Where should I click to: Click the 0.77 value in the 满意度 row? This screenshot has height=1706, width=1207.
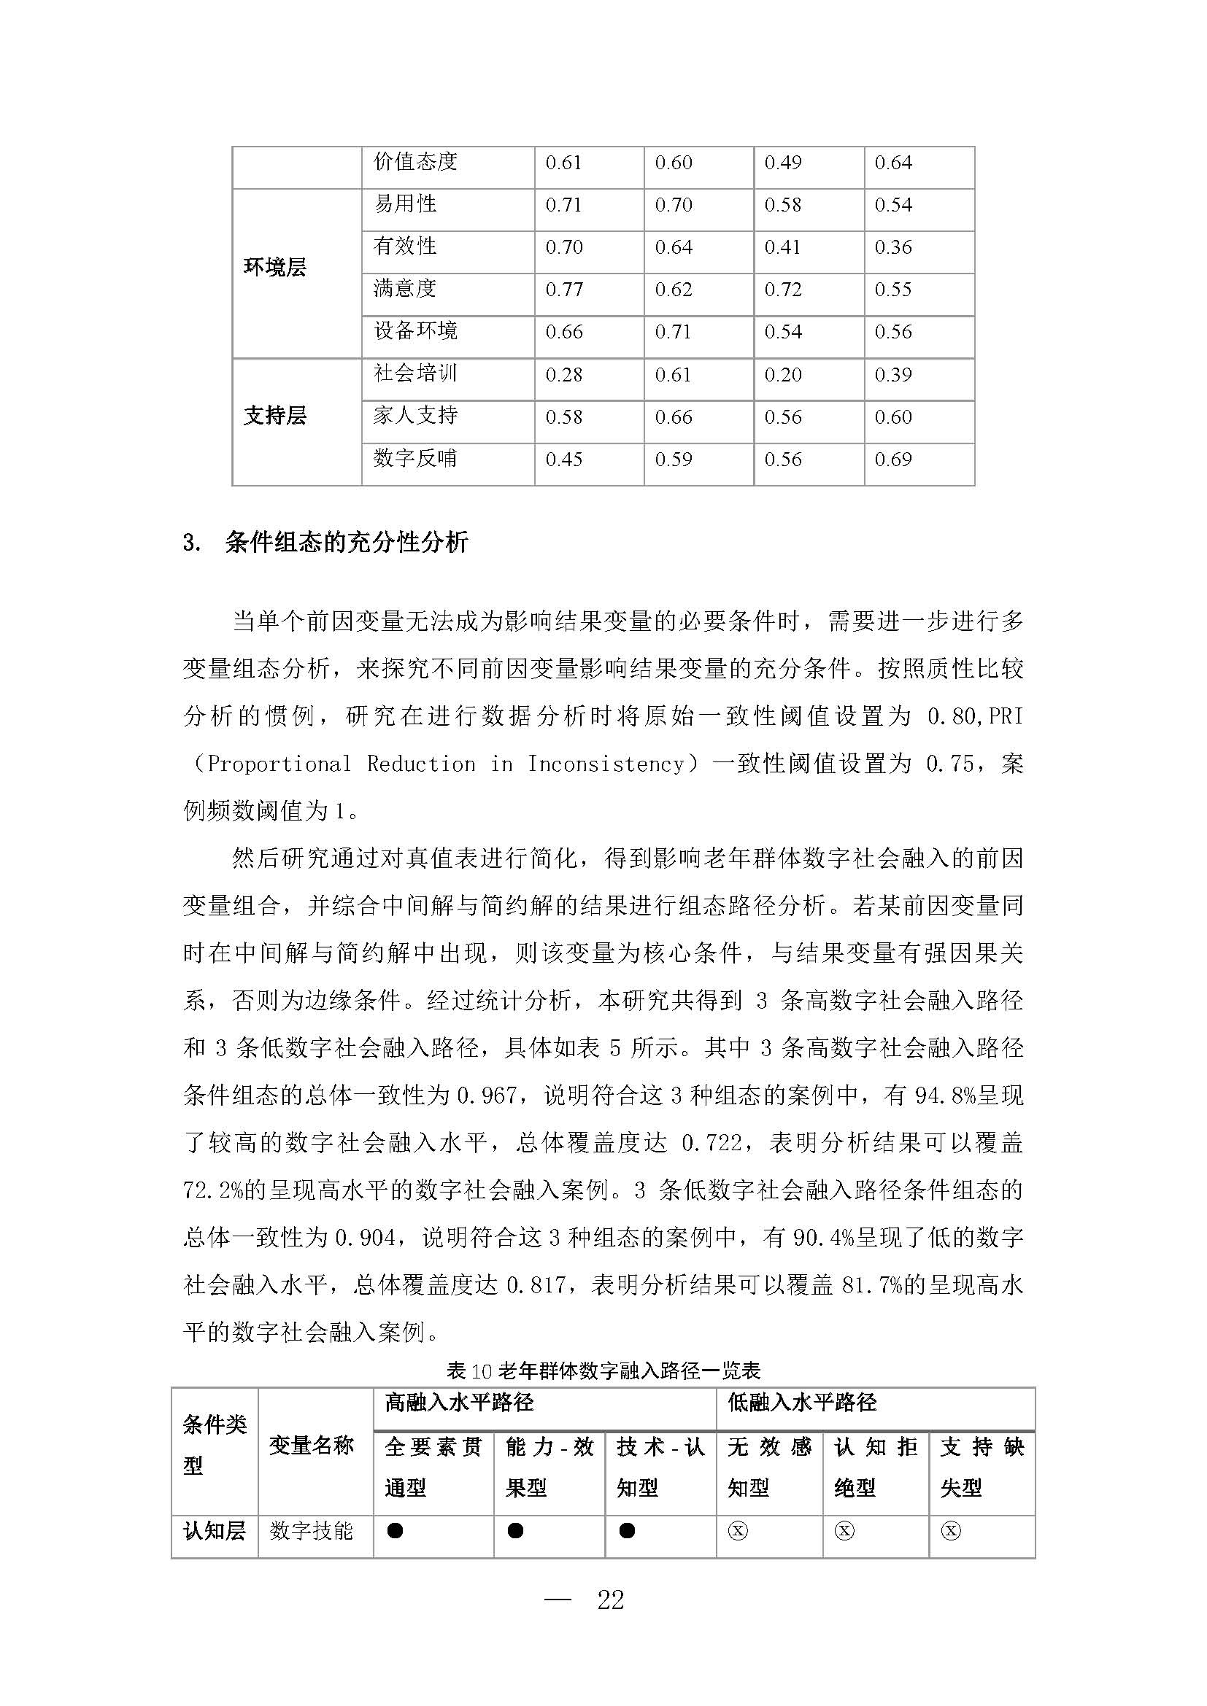(x=563, y=290)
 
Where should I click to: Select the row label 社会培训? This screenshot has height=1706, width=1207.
(x=414, y=373)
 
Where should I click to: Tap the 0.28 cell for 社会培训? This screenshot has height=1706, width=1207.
(x=563, y=375)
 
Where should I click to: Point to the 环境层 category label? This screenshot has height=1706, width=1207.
(x=275, y=268)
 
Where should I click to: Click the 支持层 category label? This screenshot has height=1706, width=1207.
(x=275, y=415)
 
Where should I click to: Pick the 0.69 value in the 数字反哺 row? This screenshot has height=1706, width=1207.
(x=892, y=460)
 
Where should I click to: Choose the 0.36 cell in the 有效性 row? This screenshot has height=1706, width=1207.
(x=892, y=247)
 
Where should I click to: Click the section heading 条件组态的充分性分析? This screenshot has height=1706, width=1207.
(x=347, y=543)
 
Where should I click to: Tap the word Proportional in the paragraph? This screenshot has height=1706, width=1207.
(x=279, y=764)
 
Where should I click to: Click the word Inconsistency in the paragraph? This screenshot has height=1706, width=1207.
(x=606, y=764)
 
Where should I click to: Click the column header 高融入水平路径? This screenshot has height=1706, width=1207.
(x=459, y=1403)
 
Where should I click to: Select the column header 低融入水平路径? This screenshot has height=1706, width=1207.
(x=802, y=1403)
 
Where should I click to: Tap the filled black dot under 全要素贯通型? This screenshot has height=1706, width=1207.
(x=396, y=1531)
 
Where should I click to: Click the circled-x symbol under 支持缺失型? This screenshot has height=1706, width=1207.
(x=951, y=1531)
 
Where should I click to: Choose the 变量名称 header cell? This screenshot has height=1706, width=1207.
(x=312, y=1445)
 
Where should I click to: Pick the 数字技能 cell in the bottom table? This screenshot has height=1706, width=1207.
(x=312, y=1531)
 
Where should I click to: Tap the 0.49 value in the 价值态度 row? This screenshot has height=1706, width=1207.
(x=782, y=163)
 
